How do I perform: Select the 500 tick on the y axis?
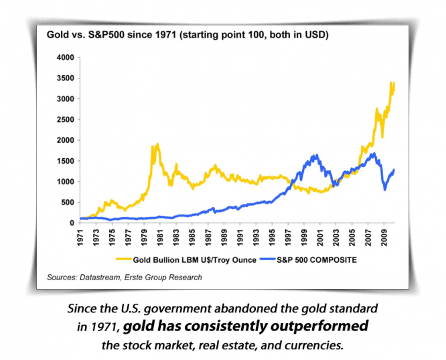[x=66, y=202]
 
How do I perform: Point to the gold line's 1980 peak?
[x=157, y=144]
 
